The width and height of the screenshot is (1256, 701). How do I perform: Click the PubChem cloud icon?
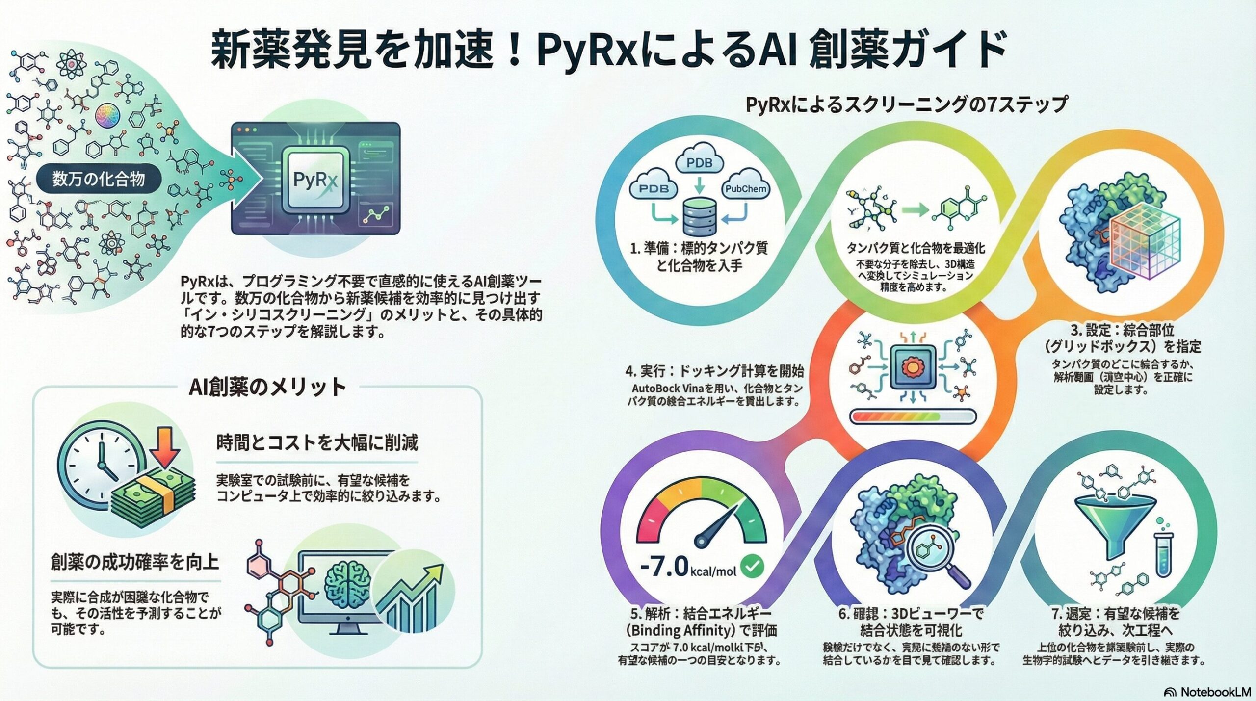coord(746,188)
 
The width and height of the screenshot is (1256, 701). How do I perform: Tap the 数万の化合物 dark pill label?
coord(99,179)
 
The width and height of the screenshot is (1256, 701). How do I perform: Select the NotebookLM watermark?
coord(1207,692)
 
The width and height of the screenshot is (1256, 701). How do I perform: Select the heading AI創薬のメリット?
coord(267,388)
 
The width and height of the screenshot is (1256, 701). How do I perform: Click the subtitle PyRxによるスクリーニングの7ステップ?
coord(906,105)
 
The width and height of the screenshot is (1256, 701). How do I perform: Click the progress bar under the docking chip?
coord(913,417)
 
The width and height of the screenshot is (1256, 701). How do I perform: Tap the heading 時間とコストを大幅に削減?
coord(317,443)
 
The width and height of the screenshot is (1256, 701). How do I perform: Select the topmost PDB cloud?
coord(699,162)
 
